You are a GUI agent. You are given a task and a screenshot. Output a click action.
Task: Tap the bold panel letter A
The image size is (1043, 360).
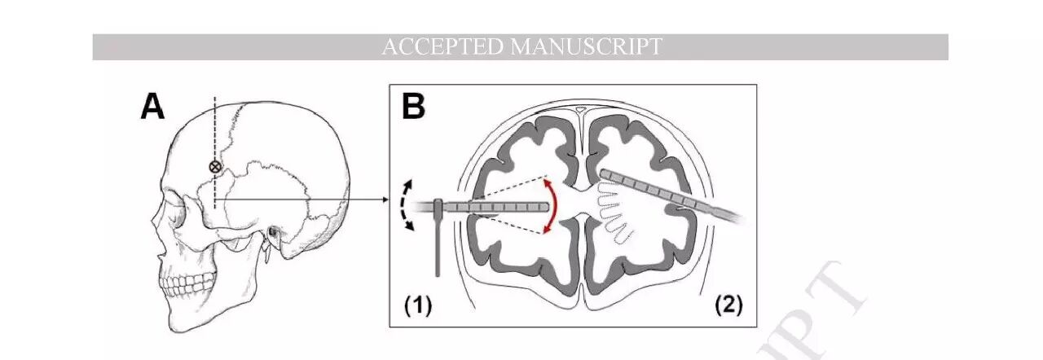(x=152, y=107)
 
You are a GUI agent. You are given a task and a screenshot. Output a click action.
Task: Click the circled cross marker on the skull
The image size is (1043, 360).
(x=215, y=166)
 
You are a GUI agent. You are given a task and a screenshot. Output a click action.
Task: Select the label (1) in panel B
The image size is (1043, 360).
(x=419, y=305)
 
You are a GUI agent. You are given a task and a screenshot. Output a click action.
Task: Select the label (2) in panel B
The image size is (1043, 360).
(x=729, y=305)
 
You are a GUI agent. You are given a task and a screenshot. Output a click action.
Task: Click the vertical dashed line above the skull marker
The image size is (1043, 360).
(x=215, y=126)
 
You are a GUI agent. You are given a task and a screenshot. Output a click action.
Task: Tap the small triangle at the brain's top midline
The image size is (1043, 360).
(x=579, y=108)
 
